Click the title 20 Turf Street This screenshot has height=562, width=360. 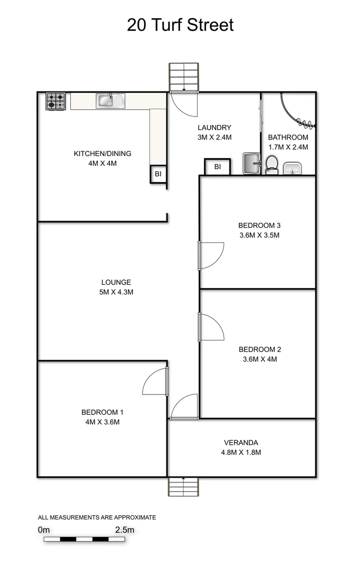pyautogui.click(x=180, y=24)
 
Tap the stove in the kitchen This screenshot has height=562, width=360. pyautogui.click(x=56, y=101)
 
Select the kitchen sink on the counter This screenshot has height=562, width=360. pyautogui.click(x=110, y=100)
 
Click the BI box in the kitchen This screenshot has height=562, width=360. pyautogui.click(x=158, y=174)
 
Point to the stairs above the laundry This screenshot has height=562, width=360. pyautogui.click(x=184, y=77)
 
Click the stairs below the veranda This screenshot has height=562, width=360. pyautogui.click(x=183, y=487)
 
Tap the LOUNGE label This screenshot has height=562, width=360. pyautogui.click(x=116, y=283)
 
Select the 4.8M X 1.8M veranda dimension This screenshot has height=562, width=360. pyautogui.click(x=241, y=452)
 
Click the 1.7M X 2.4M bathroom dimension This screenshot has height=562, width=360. pyautogui.click(x=288, y=147)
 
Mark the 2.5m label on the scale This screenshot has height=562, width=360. pyautogui.click(x=124, y=530)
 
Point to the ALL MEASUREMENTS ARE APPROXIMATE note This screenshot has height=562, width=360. pyautogui.click(x=97, y=517)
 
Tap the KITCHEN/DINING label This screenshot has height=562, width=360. pyautogui.click(x=102, y=154)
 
